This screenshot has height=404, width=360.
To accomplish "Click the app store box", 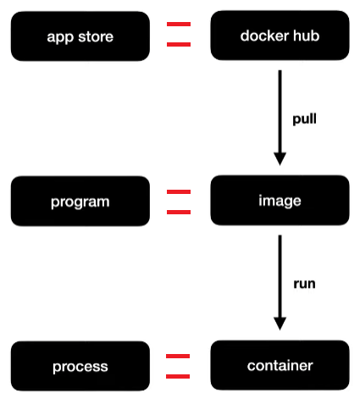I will click(x=80, y=36).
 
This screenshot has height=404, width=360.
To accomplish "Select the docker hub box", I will click(x=279, y=36).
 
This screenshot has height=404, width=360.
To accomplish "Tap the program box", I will click(x=80, y=202).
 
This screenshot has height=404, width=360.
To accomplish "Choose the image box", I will click(x=279, y=202).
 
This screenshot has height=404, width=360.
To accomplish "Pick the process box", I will click(x=80, y=367).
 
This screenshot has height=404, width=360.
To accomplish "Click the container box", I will click(x=279, y=366).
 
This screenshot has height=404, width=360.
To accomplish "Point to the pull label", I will click(x=304, y=119).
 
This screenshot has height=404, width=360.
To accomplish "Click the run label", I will click(x=304, y=284).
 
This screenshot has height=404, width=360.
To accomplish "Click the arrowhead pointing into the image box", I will click(x=280, y=158).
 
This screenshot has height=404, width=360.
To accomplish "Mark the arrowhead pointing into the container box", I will click(x=280, y=324).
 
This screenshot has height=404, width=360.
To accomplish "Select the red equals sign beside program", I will click(x=179, y=202).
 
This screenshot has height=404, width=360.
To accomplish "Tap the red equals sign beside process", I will click(x=177, y=367).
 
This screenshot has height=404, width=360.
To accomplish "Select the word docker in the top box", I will click(x=263, y=36).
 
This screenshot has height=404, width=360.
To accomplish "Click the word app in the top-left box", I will click(x=60, y=37).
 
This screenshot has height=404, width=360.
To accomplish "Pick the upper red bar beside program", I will click(x=179, y=192).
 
